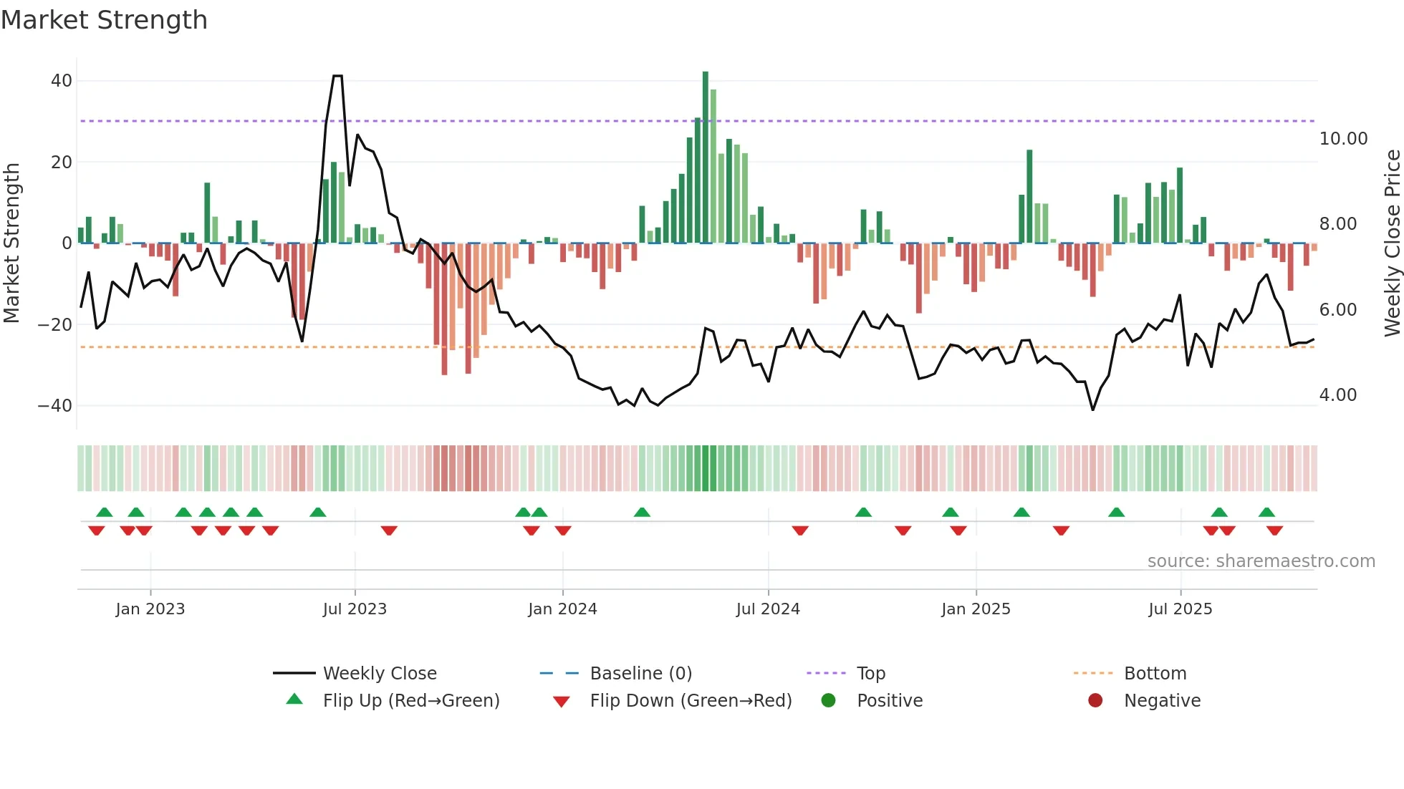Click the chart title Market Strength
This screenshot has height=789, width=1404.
point(104,20)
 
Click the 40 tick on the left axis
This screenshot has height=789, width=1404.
point(62,81)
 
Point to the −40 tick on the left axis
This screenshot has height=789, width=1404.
point(55,406)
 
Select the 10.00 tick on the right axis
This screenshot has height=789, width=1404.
point(1343,139)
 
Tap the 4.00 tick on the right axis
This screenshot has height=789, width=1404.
point(1337,395)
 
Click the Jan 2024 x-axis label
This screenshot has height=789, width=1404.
point(562,609)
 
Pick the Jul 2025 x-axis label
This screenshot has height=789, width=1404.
point(1180,609)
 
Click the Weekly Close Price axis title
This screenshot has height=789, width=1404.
point(1392,243)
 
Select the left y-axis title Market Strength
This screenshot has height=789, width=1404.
point(11,243)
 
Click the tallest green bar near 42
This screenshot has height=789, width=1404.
point(706,158)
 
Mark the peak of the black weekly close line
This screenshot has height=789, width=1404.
point(337,76)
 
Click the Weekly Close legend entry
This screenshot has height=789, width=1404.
point(379,674)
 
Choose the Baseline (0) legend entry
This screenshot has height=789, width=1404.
point(640,674)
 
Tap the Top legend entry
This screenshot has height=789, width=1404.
point(870,674)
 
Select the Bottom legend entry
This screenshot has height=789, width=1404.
point(1155,674)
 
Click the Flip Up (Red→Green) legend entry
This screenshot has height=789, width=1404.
point(410,701)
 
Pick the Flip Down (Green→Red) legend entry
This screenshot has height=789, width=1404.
point(691,701)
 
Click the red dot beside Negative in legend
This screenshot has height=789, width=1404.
point(1095,701)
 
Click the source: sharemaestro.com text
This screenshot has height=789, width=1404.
point(1261,561)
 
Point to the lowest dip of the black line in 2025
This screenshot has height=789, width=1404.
point(1092,410)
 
